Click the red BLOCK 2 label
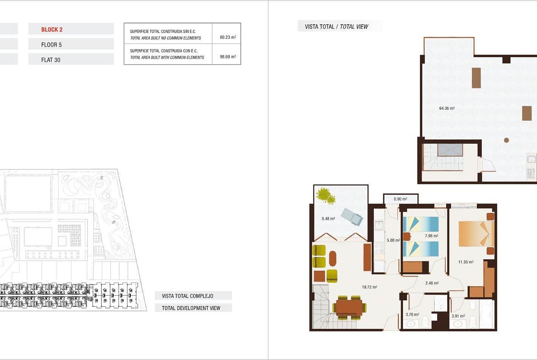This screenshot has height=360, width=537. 52,29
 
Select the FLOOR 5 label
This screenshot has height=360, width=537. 51,44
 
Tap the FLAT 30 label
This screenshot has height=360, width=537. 50,60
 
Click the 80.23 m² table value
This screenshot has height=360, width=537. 228,37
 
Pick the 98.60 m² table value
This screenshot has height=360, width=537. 228,56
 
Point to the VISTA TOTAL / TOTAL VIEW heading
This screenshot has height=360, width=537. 336,26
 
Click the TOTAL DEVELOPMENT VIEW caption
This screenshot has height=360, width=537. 191,308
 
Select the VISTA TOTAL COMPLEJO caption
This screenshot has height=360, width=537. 187,296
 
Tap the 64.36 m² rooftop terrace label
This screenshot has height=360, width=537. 447,108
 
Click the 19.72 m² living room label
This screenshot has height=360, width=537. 369,287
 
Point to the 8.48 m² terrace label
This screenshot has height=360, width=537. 328,218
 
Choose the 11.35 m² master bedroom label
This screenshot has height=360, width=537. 466,262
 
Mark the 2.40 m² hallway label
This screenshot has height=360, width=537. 432,283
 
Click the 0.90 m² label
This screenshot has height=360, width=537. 400,199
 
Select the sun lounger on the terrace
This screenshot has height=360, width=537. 352,216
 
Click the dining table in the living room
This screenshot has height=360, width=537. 349,307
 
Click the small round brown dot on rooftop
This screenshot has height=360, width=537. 506,140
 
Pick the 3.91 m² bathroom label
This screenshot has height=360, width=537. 458,316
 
